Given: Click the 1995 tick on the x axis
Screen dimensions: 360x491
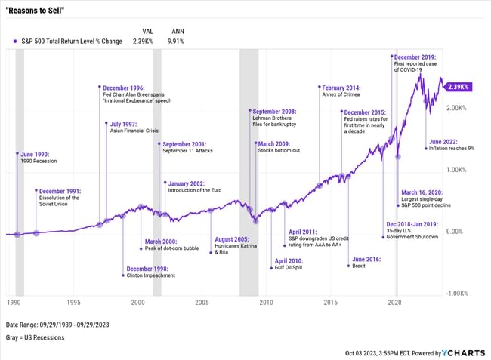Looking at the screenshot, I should click(73, 302).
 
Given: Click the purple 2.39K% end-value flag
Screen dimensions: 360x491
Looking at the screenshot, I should click(459, 87).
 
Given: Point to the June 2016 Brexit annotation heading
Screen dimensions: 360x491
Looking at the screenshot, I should click(366, 258).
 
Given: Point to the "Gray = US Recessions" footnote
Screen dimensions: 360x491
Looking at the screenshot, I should click(35, 337).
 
